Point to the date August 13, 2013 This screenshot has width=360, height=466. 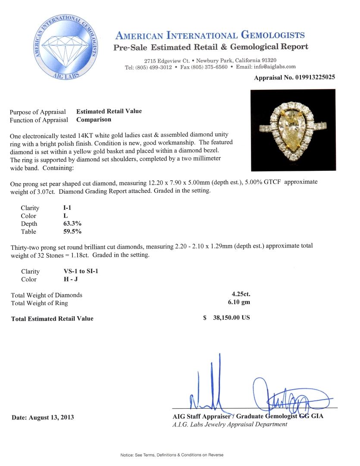(43, 417)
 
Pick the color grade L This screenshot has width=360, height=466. (65, 216)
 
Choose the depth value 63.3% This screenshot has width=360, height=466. (72, 224)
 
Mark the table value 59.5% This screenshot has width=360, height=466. (72, 231)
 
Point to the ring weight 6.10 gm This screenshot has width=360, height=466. (239, 302)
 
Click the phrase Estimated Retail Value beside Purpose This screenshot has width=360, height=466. (109, 111)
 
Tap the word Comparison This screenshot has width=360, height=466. (94, 120)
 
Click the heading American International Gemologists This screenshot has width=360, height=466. (210, 35)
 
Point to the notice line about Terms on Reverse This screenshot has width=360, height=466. (172, 455)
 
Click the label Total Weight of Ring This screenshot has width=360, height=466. (39, 303)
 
